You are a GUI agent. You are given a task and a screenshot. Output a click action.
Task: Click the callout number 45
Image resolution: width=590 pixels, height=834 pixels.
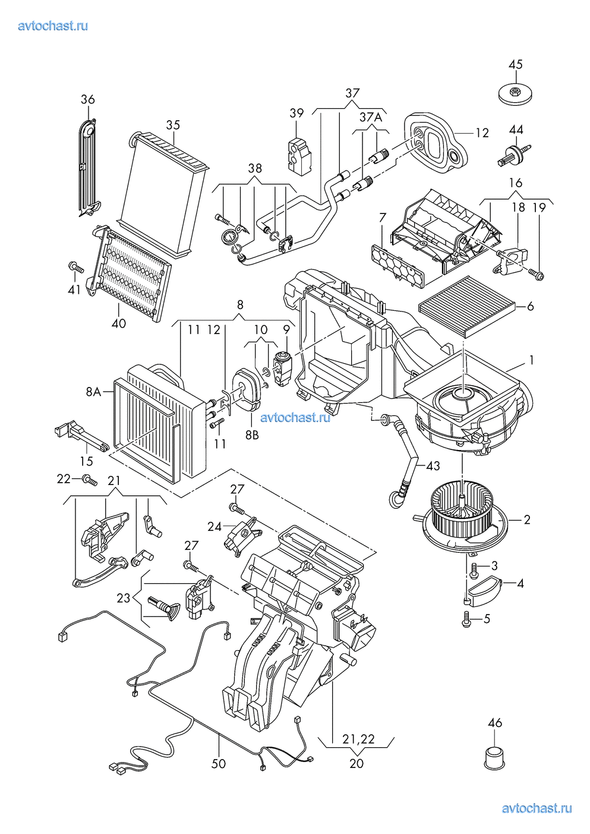click(x=516, y=64)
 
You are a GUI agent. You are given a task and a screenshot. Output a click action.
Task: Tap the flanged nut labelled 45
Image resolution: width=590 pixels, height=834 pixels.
click(x=515, y=93)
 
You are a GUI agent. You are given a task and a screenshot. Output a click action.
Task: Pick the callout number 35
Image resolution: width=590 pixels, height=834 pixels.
click(x=173, y=125)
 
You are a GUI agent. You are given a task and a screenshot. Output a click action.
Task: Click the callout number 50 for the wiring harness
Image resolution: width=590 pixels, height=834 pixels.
click(x=219, y=763)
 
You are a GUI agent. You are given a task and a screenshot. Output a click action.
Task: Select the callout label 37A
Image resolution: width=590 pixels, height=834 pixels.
click(x=371, y=117)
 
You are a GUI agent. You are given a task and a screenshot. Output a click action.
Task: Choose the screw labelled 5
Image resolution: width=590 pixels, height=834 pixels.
click(x=466, y=619)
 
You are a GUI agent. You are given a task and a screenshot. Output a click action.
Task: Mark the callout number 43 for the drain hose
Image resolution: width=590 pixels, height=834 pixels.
click(x=433, y=466)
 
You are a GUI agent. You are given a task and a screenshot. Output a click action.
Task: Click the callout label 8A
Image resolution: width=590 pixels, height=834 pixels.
click(x=93, y=392)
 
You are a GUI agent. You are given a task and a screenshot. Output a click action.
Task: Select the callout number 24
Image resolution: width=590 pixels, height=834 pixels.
click(x=214, y=526)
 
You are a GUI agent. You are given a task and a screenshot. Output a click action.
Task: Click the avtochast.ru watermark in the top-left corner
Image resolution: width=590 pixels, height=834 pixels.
click(x=53, y=26)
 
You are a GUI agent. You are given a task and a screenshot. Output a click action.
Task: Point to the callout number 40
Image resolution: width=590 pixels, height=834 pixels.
click(x=119, y=323)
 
